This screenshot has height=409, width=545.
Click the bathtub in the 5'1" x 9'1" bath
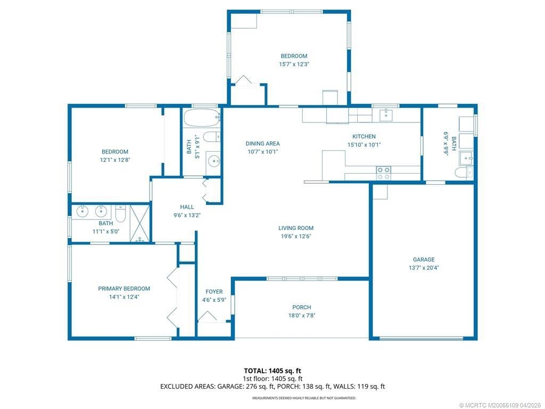coord(201,117)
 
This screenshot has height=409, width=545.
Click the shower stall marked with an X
coord(141,223)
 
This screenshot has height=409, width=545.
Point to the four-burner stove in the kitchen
coord(383,172)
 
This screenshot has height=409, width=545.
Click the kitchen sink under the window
coord(386,114)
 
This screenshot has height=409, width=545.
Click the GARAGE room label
coord(424,260)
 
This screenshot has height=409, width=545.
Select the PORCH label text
coord(301,307)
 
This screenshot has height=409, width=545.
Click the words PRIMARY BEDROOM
coord(124,289)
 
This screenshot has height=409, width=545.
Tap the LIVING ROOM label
coord(296,228)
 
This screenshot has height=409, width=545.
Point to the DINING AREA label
coord(262,143)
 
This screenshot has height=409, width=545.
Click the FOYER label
coord(214,292)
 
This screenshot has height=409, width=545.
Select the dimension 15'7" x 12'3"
coord(294,64)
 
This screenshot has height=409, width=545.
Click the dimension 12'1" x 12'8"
coord(115,160)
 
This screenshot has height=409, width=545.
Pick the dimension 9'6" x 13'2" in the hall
coord(187,215)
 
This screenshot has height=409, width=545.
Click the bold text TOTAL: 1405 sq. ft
coord(272,371)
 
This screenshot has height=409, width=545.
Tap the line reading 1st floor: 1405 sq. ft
coord(272,379)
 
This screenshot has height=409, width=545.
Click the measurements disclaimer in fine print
coord(304,398)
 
